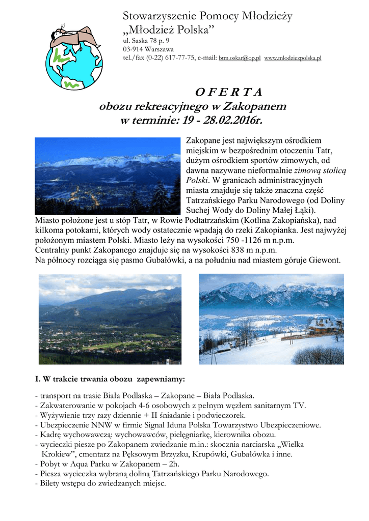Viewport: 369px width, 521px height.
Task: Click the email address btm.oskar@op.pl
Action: [x=240, y=59]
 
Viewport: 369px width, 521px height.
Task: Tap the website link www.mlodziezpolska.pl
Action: [x=293, y=59]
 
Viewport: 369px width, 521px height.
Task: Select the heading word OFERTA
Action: [x=229, y=92]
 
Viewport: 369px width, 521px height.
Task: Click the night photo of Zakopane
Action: [x=108, y=176]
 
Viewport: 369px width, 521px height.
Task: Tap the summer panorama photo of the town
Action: [x=110, y=319]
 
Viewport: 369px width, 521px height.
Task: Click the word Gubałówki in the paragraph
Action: [x=150, y=260]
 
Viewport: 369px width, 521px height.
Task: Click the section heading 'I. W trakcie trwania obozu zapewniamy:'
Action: [x=110, y=380]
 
